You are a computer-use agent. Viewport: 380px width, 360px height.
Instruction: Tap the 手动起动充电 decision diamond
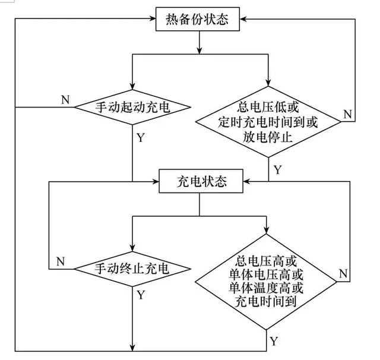tap(132, 108)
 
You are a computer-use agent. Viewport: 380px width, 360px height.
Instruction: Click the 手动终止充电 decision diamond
tap(132, 269)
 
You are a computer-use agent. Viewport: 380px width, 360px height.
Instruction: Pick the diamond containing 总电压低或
tap(268, 122)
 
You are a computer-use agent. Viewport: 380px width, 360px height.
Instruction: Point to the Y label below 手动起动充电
tap(140, 138)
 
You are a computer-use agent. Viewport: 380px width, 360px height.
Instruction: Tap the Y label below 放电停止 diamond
tap(277, 169)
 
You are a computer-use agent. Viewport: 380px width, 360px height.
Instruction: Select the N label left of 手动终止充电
tap(60, 261)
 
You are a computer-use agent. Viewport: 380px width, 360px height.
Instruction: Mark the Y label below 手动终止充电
tap(141, 295)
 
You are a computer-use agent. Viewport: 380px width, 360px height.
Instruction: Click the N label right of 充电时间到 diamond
tap(343, 273)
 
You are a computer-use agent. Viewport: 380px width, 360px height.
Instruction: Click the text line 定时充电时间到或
tap(268, 122)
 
